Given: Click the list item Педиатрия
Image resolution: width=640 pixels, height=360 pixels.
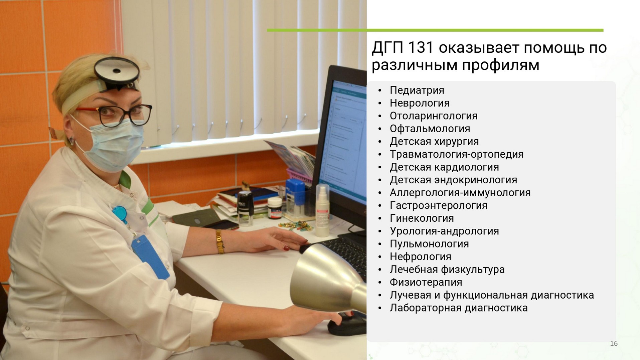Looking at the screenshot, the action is click(417, 91).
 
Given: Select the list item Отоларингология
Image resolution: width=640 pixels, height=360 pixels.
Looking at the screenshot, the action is click(434, 116).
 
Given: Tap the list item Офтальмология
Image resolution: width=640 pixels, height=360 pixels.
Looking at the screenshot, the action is click(430, 129).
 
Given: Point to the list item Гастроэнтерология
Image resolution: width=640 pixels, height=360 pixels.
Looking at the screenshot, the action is click(439, 205).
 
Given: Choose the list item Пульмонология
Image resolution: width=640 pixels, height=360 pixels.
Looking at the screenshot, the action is click(429, 244).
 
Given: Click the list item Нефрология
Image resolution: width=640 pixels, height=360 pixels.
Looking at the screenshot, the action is click(421, 257).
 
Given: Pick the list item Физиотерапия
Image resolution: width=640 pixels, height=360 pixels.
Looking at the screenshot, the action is click(426, 283).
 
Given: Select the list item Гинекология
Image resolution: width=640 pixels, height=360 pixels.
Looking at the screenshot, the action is click(422, 218).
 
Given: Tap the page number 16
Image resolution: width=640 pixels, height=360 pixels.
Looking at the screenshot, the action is click(614, 344).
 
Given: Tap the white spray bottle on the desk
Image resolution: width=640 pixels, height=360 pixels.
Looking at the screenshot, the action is click(322, 210).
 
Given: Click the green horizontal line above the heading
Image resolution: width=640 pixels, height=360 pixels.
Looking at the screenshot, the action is click(435, 30).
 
